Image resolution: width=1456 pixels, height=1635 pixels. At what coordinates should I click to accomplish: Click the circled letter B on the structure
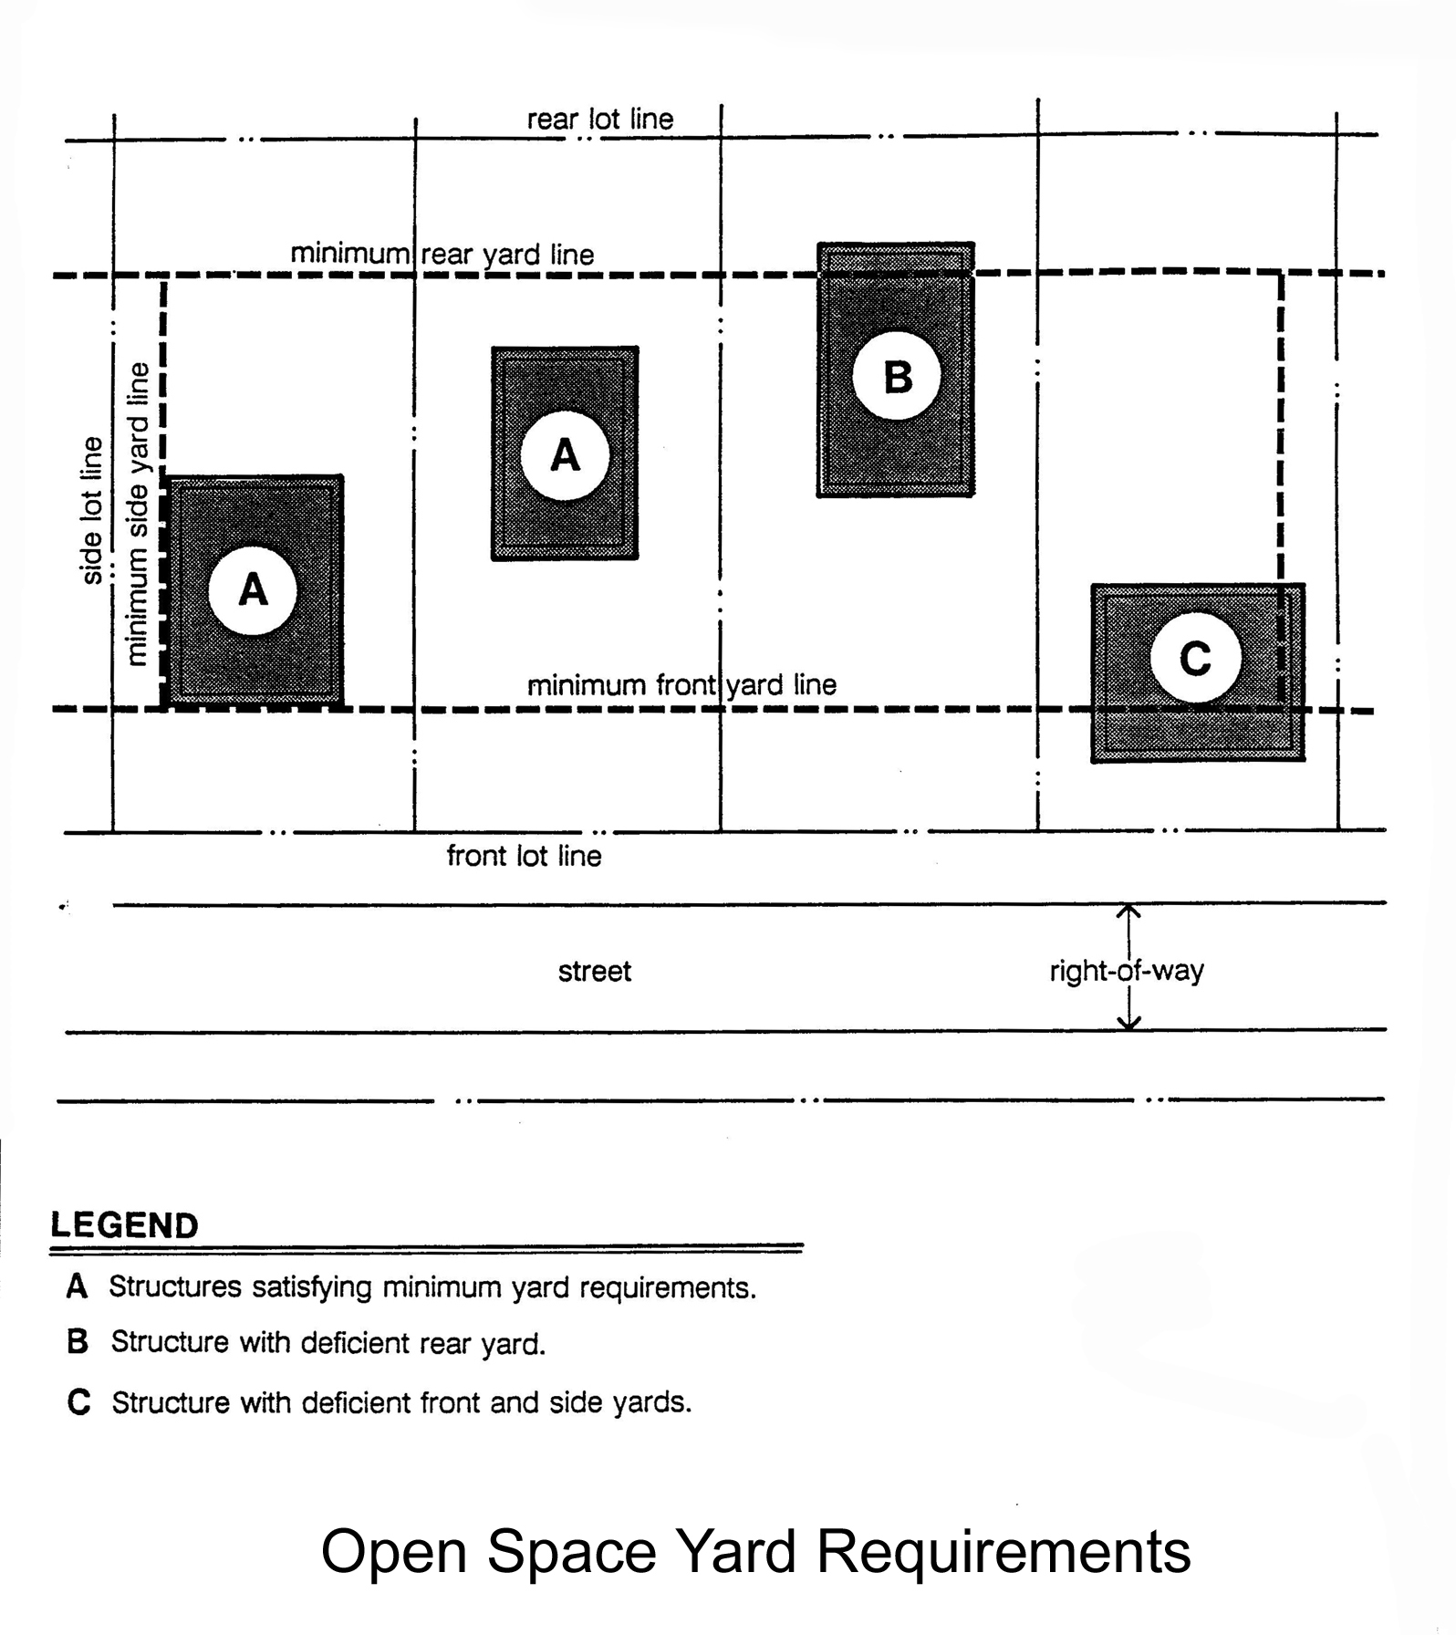(x=897, y=376)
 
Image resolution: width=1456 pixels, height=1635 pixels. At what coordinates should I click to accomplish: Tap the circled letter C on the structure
(x=1195, y=658)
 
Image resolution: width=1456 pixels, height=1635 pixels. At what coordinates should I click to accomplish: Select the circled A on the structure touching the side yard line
(x=253, y=590)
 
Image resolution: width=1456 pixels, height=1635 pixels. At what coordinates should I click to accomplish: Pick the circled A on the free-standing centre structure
(x=565, y=454)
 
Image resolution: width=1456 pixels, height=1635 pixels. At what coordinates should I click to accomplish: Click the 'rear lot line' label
(x=600, y=120)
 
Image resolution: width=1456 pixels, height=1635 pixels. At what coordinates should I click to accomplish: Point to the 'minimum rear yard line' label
(x=442, y=254)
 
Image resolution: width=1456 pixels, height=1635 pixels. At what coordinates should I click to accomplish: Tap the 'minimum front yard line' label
(x=681, y=684)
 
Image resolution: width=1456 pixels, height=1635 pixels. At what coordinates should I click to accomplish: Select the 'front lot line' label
(x=524, y=856)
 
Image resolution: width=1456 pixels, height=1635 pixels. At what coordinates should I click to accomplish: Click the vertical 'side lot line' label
(x=92, y=510)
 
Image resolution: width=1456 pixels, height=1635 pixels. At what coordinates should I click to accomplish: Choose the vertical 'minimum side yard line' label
(x=137, y=514)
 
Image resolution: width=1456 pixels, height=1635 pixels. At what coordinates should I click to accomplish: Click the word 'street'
(x=594, y=971)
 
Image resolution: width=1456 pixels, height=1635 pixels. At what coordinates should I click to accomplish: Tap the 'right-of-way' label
(x=1126, y=971)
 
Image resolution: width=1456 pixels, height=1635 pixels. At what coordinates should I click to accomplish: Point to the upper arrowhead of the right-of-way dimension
(x=1129, y=910)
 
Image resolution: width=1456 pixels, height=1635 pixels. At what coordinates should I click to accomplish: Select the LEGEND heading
(x=125, y=1225)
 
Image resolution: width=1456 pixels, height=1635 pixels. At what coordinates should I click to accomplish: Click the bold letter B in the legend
(x=78, y=1342)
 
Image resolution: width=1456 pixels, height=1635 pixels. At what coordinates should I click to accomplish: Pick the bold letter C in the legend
(x=79, y=1401)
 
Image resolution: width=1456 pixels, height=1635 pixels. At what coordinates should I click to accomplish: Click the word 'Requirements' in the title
(x=1003, y=1551)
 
